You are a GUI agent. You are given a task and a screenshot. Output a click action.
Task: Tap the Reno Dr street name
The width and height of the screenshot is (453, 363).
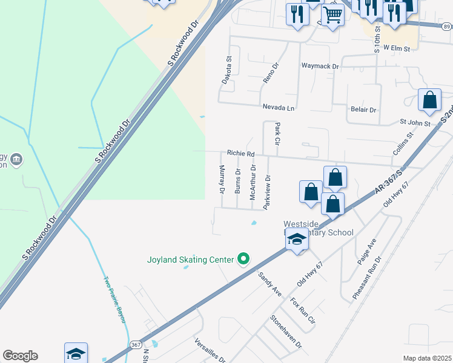[269, 72]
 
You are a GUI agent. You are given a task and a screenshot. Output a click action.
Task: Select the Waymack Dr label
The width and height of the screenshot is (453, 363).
[320, 65]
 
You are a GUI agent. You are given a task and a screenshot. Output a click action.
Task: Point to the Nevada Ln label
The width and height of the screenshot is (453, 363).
[278, 107]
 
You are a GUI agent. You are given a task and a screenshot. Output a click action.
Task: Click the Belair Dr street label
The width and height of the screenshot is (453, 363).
[363, 110]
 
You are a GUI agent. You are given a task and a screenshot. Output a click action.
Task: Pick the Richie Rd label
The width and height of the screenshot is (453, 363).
[240, 154]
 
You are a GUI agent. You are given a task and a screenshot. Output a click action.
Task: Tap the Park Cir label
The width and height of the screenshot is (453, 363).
[277, 134]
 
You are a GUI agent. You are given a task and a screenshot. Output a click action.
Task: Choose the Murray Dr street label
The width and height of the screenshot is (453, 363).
[222, 179]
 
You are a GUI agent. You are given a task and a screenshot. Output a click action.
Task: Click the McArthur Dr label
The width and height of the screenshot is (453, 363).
[253, 179]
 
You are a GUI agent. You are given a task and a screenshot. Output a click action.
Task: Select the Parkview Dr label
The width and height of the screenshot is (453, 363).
[266, 191]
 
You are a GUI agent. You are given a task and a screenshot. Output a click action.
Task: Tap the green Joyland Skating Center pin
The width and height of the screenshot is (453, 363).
[243, 259]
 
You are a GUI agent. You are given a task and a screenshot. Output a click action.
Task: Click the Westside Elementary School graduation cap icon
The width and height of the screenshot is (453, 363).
[297, 240]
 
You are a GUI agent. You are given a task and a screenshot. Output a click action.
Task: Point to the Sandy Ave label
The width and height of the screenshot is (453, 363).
[270, 284]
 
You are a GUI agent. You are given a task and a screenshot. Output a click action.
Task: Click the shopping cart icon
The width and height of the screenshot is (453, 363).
[332, 15]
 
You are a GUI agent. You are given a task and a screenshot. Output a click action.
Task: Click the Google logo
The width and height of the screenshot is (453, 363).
[20, 355]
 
